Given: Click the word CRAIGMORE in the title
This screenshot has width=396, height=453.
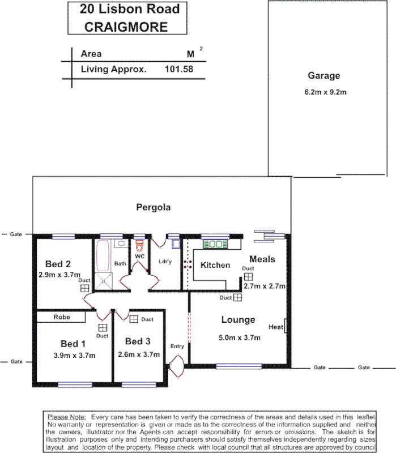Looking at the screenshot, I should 126,27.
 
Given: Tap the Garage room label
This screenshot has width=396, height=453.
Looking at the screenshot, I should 323,76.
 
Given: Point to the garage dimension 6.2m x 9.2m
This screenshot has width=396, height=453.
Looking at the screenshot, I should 325,92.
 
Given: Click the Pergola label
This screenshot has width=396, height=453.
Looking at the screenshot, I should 153,207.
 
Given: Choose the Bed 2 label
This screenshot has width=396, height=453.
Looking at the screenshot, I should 58,264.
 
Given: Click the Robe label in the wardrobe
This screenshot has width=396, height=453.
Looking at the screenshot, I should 62,317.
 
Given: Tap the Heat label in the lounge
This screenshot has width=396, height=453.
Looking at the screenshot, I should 275,327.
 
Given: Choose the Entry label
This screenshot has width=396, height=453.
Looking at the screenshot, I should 177,346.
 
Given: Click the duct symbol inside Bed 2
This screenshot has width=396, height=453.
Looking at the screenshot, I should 84,288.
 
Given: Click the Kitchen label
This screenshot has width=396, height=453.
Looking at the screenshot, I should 215,265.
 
